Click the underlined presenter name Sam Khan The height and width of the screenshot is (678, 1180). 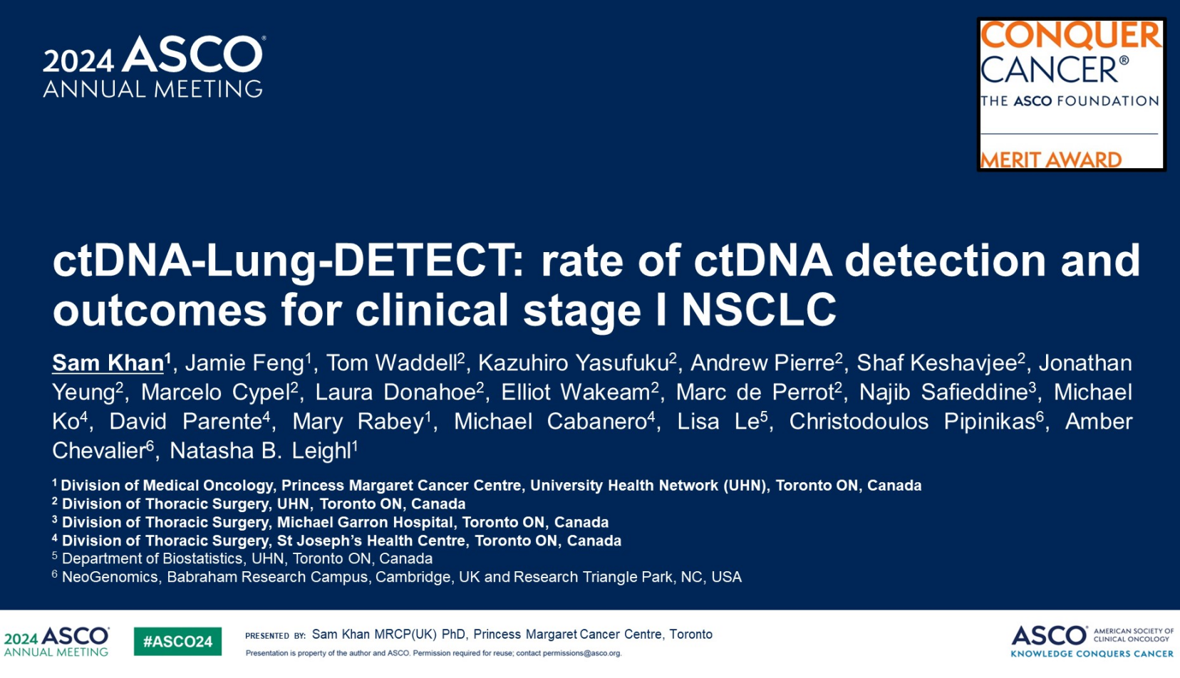[x=108, y=363]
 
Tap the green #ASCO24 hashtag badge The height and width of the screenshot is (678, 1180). [x=177, y=641]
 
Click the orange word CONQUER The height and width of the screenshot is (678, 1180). [x=1070, y=36]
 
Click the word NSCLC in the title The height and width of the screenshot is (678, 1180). [x=759, y=310]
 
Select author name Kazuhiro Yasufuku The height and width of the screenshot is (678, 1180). [x=574, y=363]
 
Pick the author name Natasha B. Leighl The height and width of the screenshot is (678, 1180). [x=260, y=451]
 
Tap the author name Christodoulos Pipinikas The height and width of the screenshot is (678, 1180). [x=912, y=422]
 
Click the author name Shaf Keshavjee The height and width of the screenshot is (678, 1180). [x=936, y=363]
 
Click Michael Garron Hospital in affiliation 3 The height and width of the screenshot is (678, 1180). [x=365, y=522]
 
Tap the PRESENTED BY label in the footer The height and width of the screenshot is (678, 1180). [x=276, y=636]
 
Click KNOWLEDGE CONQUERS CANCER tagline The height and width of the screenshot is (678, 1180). [x=1092, y=654]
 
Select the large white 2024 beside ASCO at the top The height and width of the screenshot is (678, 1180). [x=78, y=61]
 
